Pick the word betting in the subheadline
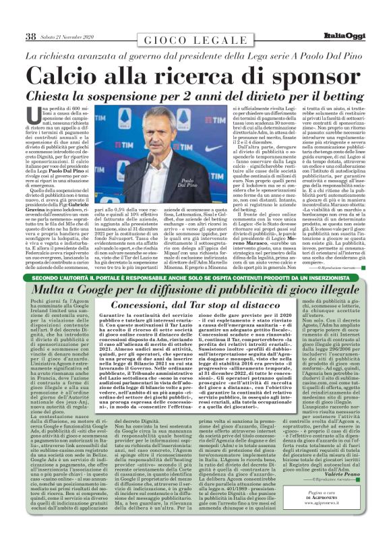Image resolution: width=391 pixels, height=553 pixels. click(342, 95)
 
